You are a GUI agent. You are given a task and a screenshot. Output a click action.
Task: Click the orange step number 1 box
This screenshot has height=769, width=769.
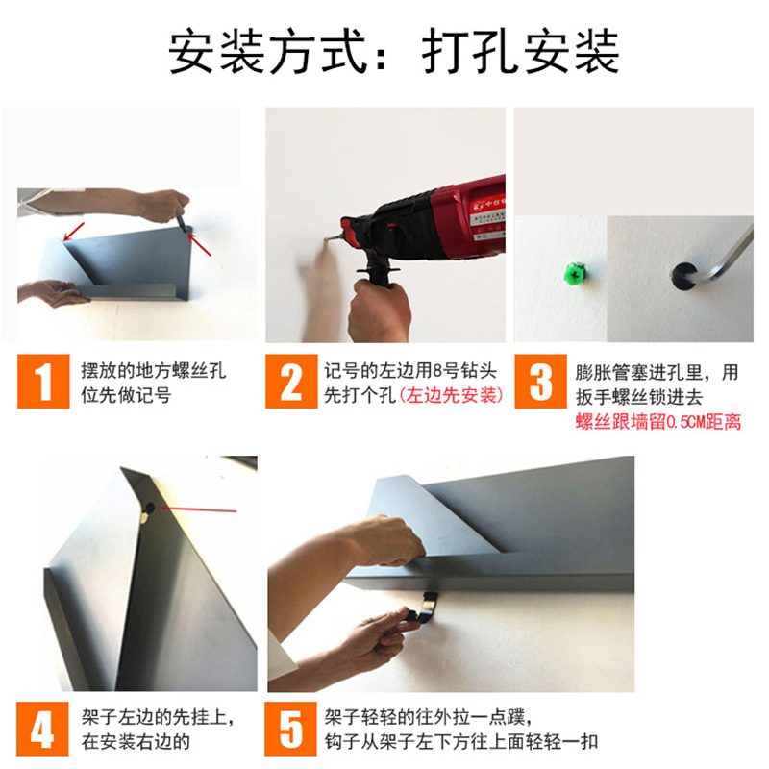pos(43,381)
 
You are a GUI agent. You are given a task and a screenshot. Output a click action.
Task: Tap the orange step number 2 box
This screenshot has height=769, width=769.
pos(291,381)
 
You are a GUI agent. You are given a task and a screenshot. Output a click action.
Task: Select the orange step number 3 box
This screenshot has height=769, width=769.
pos(540,381)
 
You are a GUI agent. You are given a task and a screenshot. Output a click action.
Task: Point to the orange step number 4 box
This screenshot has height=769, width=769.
pos(42,729)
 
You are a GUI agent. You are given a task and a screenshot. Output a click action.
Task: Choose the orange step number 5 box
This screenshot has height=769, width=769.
pos(291,729)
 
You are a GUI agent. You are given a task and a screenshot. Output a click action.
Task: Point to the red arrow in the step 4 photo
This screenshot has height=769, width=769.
pos(199,509)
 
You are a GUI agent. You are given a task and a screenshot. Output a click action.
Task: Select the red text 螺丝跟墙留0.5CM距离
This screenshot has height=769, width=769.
pos(657,422)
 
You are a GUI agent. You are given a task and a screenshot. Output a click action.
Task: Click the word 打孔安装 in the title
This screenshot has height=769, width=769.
pos(520,52)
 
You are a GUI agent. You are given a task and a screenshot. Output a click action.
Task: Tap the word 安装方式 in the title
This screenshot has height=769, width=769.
pos(267,52)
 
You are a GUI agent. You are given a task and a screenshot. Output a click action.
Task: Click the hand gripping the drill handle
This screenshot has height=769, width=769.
pos(379,310)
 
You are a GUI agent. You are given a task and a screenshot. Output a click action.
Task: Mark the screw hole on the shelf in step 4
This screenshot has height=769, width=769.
pos(149,509)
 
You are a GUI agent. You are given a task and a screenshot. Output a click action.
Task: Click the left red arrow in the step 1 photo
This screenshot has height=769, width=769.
pos(74,232)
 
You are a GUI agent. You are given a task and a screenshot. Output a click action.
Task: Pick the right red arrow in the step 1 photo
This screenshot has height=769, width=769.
pos(200,245)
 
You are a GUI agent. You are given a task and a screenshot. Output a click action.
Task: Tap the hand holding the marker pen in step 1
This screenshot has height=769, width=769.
pos(164,205)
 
